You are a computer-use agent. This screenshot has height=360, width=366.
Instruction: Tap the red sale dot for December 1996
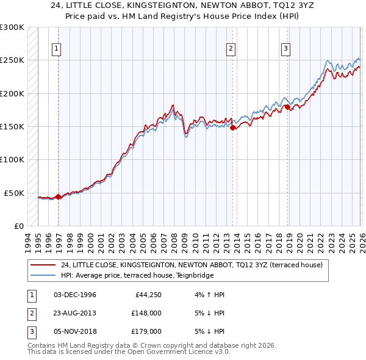coord(58,196)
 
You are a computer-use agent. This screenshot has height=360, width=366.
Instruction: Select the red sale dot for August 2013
coord(232,128)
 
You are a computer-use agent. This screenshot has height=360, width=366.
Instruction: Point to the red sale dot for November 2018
coord(287,107)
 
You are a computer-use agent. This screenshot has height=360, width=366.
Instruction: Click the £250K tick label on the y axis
coord(12,60)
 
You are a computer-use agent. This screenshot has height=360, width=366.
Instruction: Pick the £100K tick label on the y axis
coord(12,160)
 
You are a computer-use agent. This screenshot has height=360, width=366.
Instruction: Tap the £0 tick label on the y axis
coord(18,226)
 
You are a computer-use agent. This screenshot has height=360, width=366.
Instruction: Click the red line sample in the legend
coord(44,265)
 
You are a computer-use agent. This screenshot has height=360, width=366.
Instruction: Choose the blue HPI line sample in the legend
coord(44,275)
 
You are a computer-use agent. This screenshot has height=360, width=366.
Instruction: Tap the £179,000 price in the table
coord(146,332)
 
